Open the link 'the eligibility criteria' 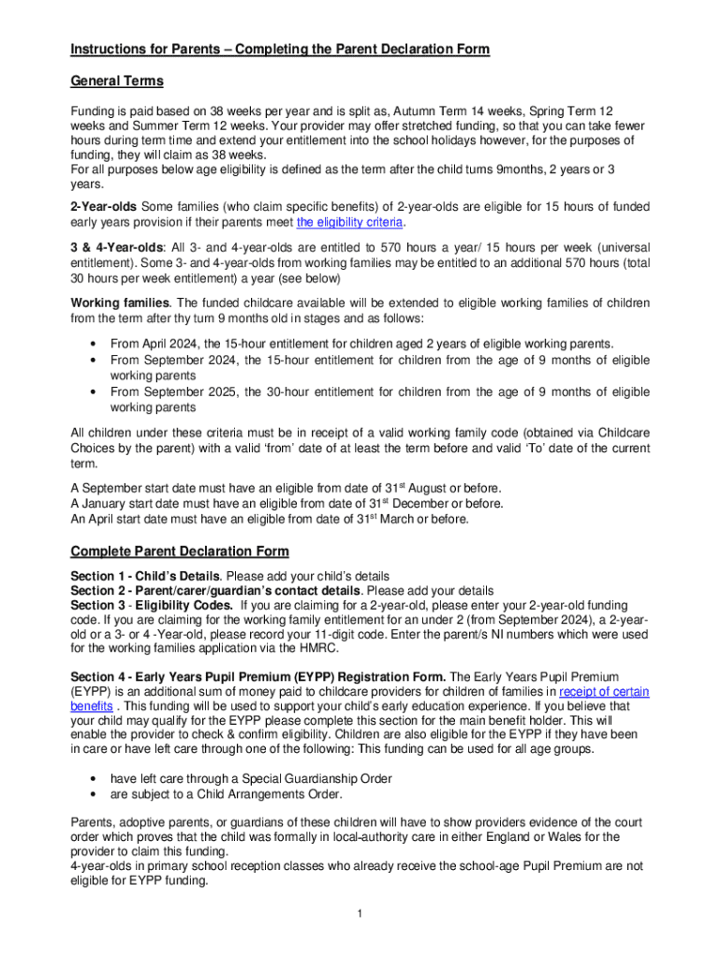[350, 222]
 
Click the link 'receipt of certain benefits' [603, 691]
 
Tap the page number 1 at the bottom [360, 913]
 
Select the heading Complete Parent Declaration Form [180, 551]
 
